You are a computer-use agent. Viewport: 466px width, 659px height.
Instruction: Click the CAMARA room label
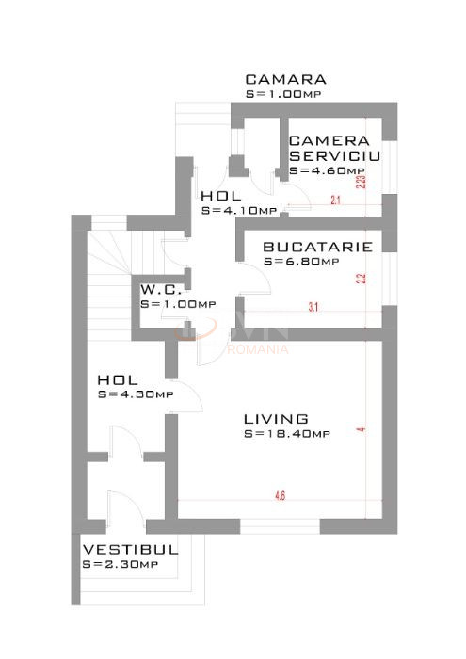pos(285,80)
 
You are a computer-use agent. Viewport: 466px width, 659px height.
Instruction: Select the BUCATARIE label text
pos(317,248)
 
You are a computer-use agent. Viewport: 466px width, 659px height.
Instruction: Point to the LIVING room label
pos(276,419)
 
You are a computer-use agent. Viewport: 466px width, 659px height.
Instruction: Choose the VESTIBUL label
pos(130,549)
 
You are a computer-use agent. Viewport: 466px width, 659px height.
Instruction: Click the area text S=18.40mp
pos(286,434)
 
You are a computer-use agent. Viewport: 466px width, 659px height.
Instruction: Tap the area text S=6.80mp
pos(301,262)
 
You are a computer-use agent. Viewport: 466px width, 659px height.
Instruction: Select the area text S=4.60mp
pos(327,171)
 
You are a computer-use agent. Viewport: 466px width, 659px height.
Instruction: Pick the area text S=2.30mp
pos(121,564)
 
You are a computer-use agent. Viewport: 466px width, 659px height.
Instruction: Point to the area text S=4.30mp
pos(136,394)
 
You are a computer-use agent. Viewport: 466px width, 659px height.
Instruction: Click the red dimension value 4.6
pos(281,493)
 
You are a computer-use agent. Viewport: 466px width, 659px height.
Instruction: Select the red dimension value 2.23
pos(361,179)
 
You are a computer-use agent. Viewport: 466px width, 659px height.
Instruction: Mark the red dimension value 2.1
pos(335,201)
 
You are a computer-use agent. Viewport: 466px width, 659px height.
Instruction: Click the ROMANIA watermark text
pos(259,349)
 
